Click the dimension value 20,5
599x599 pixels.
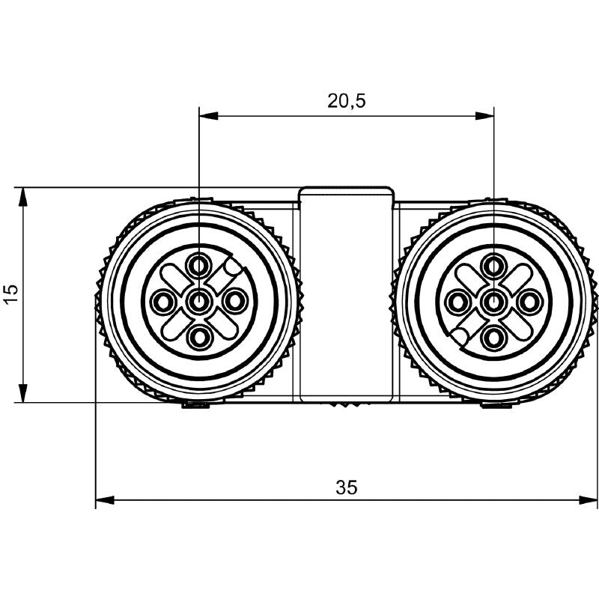click(346, 101)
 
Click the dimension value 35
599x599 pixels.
click(346, 487)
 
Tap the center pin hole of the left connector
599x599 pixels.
click(199, 302)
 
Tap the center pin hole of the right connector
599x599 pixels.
click(493, 302)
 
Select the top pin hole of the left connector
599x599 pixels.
click(199, 265)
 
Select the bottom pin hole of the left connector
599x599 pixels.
click(199, 338)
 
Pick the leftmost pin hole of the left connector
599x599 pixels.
click(162, 302)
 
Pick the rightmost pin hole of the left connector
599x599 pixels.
click(236, 302)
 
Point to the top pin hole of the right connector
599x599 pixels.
click(493, 265)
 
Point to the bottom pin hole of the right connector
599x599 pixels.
click(493, 338)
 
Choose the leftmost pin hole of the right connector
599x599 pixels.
click(456, 302)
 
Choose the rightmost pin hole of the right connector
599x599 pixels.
click(529, 302)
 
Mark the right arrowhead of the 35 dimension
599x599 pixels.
click(589, 499)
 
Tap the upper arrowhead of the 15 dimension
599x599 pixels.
click(23, 196)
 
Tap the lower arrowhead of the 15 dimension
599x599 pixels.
click(23, 394)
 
